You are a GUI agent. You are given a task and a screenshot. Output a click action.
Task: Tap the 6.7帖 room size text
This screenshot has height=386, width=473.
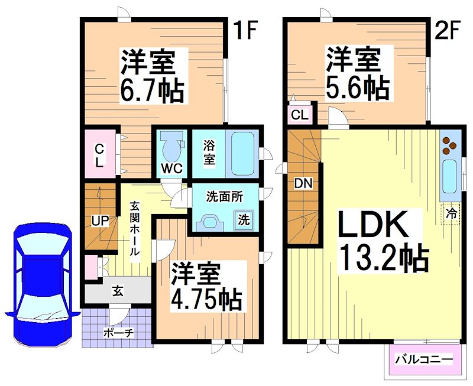153,92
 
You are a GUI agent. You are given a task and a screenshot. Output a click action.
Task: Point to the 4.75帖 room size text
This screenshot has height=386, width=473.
206,300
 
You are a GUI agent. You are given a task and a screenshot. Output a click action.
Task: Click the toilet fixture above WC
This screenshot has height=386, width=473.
171,145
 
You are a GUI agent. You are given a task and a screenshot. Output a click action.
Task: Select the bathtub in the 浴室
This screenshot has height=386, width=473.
242,154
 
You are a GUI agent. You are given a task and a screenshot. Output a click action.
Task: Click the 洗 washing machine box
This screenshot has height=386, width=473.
244,219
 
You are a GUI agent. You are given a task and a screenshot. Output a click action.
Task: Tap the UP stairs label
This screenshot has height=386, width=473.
100,221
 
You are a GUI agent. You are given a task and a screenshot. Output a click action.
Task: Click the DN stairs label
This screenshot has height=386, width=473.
303,183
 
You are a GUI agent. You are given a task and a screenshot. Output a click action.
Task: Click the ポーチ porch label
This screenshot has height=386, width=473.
118,333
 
